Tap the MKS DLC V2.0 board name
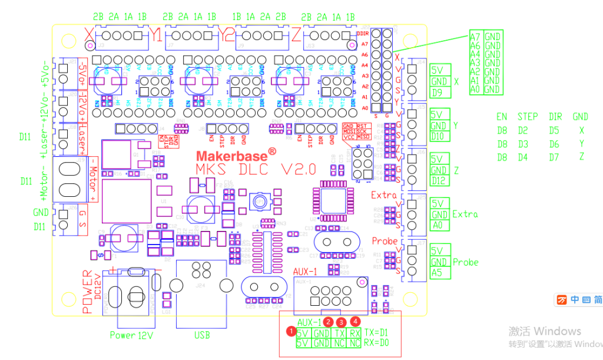click(x=256, y=170)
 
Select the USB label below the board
click(x=201, y=335)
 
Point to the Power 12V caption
click(x=131, y=335)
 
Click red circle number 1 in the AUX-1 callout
click(x=290, y=331)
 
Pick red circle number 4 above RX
click(x=354, y=321)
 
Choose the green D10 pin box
click(x=439, y=136)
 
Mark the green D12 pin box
click(x=439, y=181)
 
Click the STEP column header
click(x=527, y=117)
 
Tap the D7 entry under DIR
click(x=554, y=157)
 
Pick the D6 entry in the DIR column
click(x=554, y=144)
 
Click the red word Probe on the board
click(x=385, y=241)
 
